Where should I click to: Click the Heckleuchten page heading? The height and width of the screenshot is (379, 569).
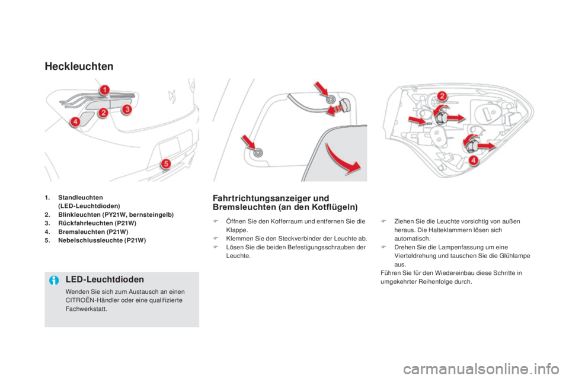tap(79, 66)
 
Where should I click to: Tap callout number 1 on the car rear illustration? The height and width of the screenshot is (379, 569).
tap(104, 89)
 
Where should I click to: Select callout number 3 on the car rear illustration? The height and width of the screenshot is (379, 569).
tap(127, 109)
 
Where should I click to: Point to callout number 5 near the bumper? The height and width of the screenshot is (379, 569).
tap(166, 163)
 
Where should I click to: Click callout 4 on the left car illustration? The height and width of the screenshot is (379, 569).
tap(75, 121)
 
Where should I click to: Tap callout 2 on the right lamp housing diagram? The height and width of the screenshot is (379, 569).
tap(442, 96)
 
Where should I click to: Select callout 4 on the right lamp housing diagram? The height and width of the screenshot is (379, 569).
tap(473, 160)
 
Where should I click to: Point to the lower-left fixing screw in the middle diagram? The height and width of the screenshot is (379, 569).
tap(258, 153)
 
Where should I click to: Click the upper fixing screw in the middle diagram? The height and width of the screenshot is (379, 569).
tap(331, 99)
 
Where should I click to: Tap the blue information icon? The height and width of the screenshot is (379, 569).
tap(54, 280)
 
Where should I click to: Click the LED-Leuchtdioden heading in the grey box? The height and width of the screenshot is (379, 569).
tap(105, 280)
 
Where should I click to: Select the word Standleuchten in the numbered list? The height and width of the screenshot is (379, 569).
tap(81, 198)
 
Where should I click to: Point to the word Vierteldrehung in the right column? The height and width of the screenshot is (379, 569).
tap(413, 256)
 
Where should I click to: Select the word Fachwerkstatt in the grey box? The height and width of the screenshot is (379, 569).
tap(87, 309)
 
